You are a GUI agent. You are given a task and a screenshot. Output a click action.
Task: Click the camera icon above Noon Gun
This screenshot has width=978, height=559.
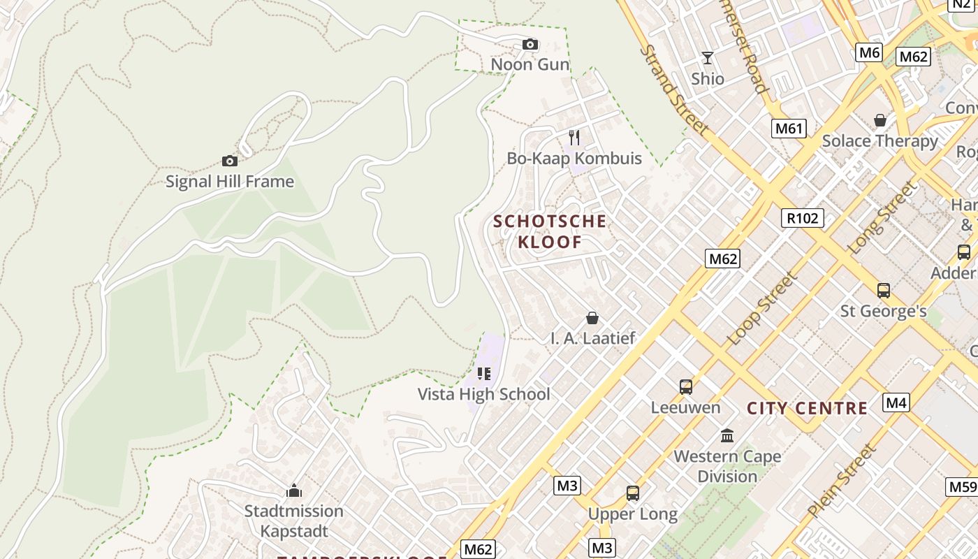[530, 45]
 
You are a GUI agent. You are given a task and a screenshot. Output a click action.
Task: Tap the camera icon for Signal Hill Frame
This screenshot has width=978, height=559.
[229, 161]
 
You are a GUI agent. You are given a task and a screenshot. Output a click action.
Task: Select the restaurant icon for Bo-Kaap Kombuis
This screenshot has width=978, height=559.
[574, 137]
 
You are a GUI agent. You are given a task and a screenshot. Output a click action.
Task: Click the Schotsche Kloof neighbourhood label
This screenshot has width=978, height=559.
[550, 232]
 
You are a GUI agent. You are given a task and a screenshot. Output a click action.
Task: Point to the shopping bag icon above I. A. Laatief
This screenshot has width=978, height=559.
[592, 318]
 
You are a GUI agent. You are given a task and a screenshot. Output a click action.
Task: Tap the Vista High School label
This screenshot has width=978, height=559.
[484, 394]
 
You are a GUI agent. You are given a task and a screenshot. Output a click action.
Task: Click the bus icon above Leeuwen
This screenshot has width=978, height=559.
[686, 386]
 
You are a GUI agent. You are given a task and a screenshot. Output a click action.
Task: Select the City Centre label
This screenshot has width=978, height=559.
[807, 408]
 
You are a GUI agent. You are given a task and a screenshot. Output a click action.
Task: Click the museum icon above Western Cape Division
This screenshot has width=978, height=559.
[727, 436]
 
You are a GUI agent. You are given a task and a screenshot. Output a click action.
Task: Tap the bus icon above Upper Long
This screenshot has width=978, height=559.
[633, 493]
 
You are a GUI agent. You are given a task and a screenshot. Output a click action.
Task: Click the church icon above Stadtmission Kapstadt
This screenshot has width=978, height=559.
[294, 491]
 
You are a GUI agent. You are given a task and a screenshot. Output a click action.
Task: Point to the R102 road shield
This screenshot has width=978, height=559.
[802, 218]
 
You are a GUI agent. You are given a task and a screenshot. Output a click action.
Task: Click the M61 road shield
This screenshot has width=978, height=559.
[789, 128]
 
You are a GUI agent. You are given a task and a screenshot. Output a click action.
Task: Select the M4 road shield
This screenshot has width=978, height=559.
[896, 402]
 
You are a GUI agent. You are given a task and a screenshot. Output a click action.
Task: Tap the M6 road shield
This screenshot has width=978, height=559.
[869, 52]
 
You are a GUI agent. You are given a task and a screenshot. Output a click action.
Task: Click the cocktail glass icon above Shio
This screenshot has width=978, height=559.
[708, 57]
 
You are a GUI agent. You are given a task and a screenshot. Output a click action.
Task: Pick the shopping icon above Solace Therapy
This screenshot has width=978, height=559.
[880, 120]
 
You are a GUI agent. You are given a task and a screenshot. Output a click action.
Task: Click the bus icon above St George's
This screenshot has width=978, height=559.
[884, 290]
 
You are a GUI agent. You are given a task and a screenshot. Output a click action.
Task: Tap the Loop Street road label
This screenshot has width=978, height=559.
[761, 309]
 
